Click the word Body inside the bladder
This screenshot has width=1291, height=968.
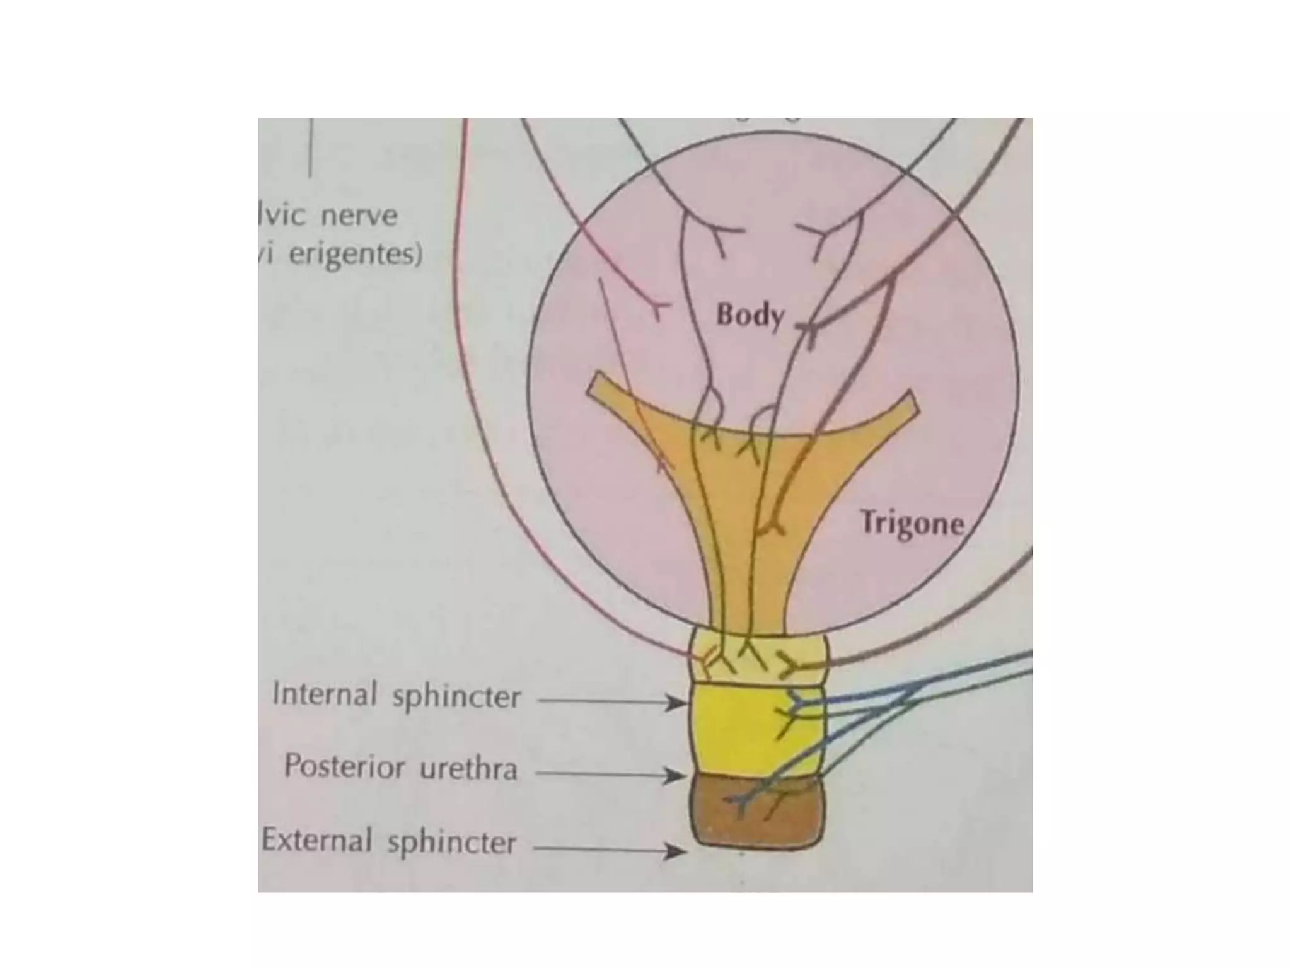(x=750, y=315)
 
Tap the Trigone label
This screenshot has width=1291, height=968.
(x=912, y=523)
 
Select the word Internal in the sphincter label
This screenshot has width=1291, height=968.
(x=324, y=695)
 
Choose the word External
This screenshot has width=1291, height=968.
(x=316, y=840)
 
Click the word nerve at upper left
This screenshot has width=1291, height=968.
(x=359, y=216)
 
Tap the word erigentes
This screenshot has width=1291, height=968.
(x=355, y=255)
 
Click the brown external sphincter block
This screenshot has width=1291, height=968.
(x=756, y=819)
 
